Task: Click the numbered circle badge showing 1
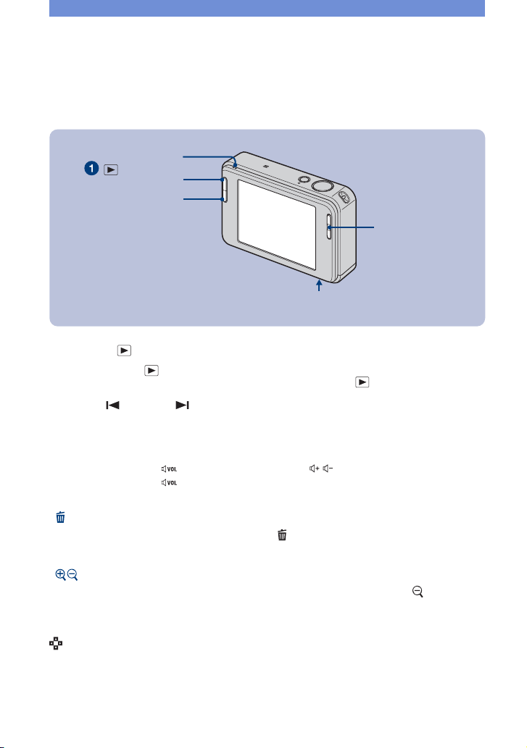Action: click(x=91, y=169)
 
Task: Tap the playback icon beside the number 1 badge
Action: click(x=111, y=169)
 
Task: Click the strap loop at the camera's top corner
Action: click(x=344, y=196)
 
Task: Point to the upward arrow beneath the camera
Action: click(x=319, y=285)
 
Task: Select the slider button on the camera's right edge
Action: click(x=329, y=227)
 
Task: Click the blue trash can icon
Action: click(x=61, y=517)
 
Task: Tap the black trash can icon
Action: click(x=282, y=535)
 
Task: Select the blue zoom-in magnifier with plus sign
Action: click(x=60, y=574)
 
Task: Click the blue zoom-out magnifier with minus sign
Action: click(x=72, y=574)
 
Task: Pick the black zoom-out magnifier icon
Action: click(x=418, y=592)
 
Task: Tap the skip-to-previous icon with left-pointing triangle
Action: click(x=112, y=405)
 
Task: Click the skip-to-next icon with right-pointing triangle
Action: click(x=183, y=405)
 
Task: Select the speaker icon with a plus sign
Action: click(x=314, y=468)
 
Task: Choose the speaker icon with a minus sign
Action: click(x=328, y=468)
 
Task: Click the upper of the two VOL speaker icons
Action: click(x=169, y=469)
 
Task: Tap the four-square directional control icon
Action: click(x=56, y=644)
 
